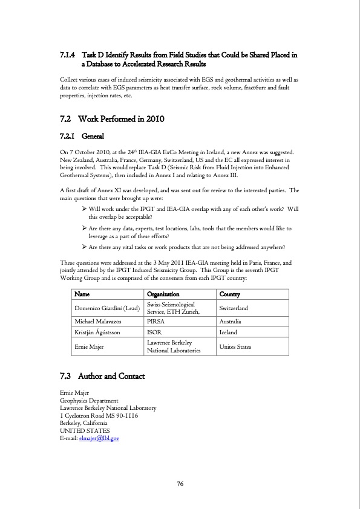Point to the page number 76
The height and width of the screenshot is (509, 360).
[180, 484]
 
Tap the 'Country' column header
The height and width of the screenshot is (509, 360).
[230, 294]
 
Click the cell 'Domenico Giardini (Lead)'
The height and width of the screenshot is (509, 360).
[106, 308]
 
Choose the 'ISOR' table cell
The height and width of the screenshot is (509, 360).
[154, 332]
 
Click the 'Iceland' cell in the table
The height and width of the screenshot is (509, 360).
[228, 332]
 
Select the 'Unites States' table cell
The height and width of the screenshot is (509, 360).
[235, 346]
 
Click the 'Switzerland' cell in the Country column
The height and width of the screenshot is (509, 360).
[234, 308]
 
